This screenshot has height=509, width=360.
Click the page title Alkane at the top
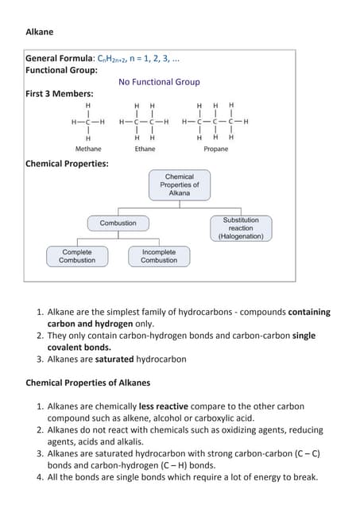click(x=40, y=32)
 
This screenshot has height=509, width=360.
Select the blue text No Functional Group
click(x=159, y=82)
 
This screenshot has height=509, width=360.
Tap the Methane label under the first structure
click(x=88, y=149)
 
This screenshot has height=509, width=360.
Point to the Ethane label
click(x=145, y=149)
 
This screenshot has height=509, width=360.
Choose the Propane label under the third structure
click(x=215, y=149)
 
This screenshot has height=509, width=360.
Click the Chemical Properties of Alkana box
click(x=179, y=185)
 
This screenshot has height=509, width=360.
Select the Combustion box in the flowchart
click(x=118, y=223)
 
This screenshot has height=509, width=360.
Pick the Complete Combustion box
click(x=77, y=256)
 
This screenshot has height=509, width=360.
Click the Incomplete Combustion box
click(x=159, y=256)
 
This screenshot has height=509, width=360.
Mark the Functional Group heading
click(x=62, y=70)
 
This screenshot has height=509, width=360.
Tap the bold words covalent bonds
click(x=79, y=348)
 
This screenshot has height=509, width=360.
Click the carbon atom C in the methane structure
click(x=87, y=122)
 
